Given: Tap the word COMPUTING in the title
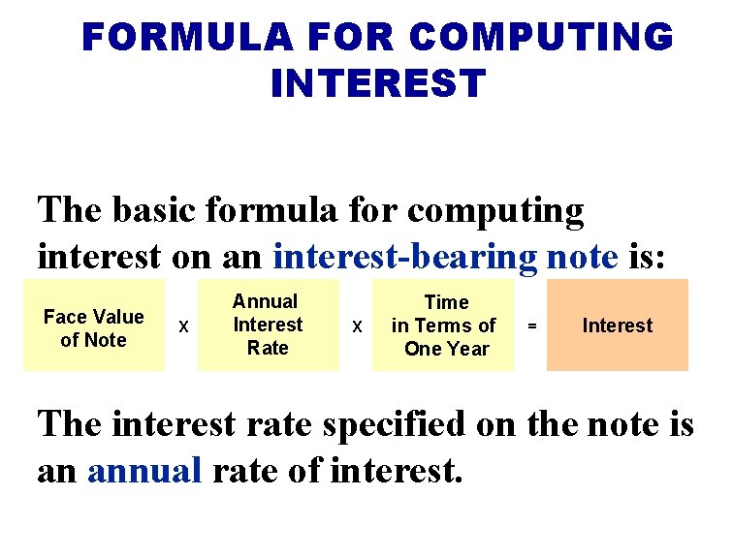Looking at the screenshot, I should tap(540, 38).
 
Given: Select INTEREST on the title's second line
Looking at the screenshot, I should tap(377, 84).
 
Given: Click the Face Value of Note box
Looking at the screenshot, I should tap(94, 325).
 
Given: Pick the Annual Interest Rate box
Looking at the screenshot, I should tap(269, 325).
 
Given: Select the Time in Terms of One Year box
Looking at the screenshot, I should tap(443, 325).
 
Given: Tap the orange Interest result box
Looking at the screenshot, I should tap(618, 325).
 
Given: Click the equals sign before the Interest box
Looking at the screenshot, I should tap(530, 327).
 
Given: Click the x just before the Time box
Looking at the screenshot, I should tap(356, 327).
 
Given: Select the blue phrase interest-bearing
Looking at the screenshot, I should tap(405, 257).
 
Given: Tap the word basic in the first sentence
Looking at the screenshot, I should tap(146, 210).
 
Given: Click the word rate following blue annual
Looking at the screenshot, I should tap(238, 471).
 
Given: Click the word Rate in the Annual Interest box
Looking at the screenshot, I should tap(268, 349).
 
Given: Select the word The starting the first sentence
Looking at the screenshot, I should tap(68, 210).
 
